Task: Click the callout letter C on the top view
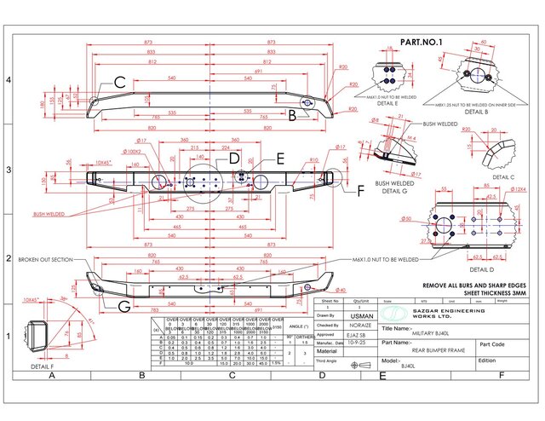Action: click(x=120, y=83)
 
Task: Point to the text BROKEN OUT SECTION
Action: click(x=44, y=259)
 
